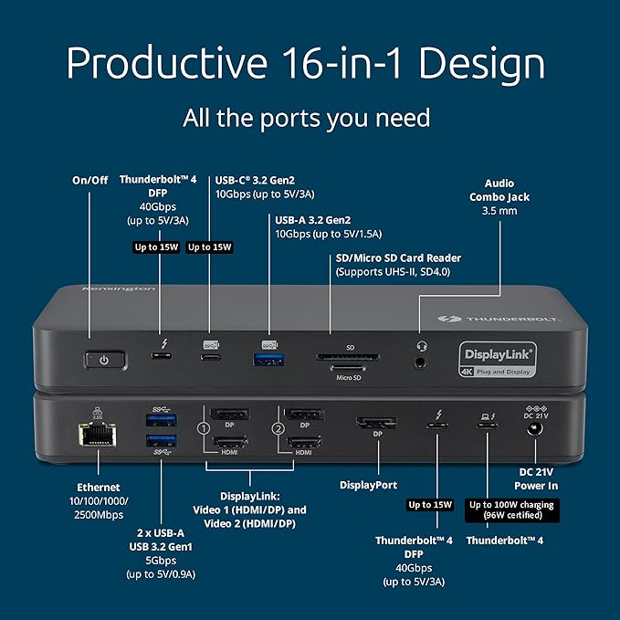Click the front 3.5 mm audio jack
[419, 362]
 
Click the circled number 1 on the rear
[204, 427]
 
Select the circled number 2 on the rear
[277, 427]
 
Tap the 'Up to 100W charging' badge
[510, 510]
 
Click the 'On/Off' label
[90, 180]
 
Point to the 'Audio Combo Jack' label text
[499, 190]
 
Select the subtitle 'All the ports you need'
[307, 118]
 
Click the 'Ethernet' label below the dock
[97, 487]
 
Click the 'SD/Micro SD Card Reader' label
[398, 257]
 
